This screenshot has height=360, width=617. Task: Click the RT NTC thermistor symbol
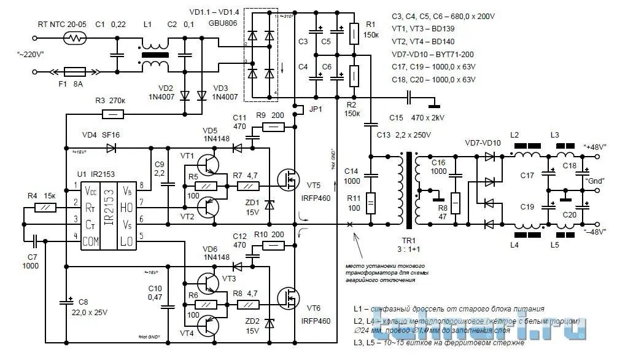(x=76, y=38)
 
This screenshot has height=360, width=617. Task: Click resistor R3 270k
(x=111, y=114)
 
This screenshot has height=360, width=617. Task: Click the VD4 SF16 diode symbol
(x=111, y=147)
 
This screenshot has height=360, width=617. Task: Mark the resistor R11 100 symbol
(x=370, y=203)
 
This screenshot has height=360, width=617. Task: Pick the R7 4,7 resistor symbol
(x=250, y=186)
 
